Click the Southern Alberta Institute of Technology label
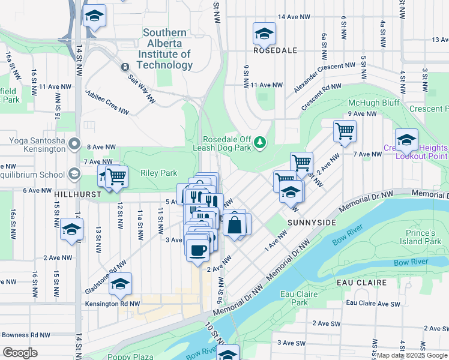point(167,49)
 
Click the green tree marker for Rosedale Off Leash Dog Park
point(260,142)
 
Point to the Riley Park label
point(158,173)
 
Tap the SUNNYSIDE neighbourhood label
point(311,222)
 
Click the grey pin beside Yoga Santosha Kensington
point(74,143)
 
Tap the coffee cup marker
point(197,250)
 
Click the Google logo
point(21,352)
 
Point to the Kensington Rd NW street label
point(112,304)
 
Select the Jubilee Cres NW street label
point(107,103)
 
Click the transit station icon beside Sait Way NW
point(125,67)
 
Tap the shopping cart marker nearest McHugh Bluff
point(345,130)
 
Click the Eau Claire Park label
point(295,298)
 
